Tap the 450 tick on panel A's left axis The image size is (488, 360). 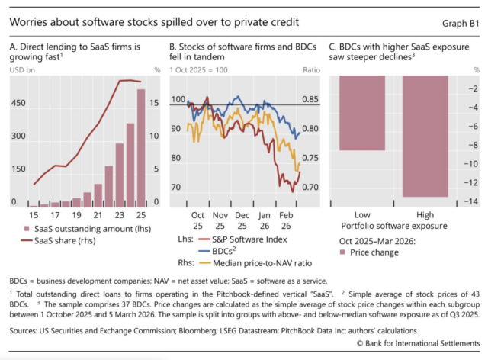(18, 102)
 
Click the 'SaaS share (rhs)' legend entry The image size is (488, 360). (68, 242)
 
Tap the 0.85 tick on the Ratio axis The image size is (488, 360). (310, 99)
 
